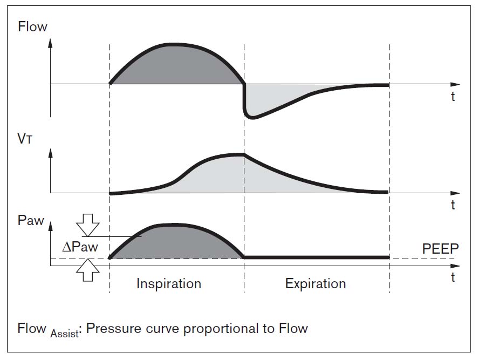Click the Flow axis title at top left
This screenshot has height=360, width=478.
[x=32, y=26]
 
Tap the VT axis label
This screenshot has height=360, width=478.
[x=25, y=139]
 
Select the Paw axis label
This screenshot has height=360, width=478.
[x=31, y=220]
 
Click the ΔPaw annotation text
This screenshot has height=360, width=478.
[x=80, y=247]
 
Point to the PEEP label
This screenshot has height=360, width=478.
[x=440, y=249]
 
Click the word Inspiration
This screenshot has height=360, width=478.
[x=169, y=283]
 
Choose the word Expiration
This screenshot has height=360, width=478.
[x=316, y=283]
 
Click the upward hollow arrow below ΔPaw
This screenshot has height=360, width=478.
[x=88, y=270]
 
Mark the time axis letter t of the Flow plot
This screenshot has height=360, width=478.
[x=453, y=97]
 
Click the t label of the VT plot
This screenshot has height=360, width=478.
[x=453, y=205]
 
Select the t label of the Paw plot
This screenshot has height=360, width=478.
[x=453, y=277]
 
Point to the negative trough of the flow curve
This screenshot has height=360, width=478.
[x=252, y=117]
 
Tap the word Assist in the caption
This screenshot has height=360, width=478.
[x=65, y=334]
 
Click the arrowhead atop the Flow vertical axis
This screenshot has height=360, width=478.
[x=50, y=43]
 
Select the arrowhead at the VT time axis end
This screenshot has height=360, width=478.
[x=455, y=193]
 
